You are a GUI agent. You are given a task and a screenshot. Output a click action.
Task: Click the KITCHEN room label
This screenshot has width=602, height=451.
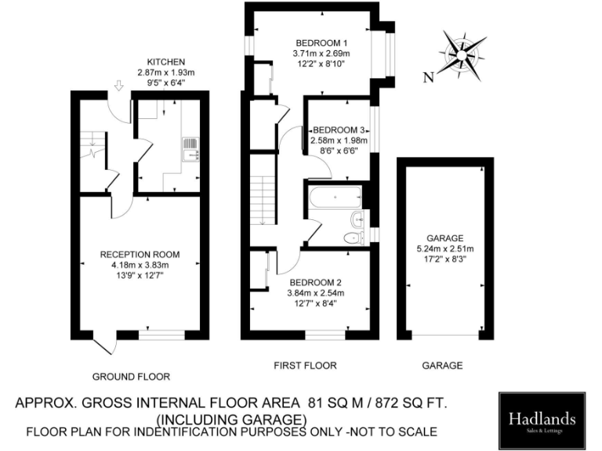[166, 62]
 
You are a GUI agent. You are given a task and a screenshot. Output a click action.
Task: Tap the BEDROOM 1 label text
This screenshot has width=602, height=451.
[321, 42]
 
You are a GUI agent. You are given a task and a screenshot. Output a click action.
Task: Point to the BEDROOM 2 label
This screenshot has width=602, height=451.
[317, 283]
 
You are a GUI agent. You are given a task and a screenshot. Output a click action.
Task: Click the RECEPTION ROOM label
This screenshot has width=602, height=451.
[140, 254]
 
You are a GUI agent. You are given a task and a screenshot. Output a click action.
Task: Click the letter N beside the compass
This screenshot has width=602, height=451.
[428, 77]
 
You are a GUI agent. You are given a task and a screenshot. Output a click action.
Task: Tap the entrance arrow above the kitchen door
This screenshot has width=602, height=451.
[118, 85]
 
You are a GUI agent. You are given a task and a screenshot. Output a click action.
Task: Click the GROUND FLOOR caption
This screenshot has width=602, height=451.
[131, 376]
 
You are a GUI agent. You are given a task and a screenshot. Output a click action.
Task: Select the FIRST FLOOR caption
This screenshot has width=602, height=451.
[305, 365]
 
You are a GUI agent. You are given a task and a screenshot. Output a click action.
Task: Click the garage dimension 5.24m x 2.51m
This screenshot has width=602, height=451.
[445, 249]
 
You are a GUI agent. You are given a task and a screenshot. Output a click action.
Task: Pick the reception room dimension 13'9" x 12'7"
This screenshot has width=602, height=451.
[140, 276]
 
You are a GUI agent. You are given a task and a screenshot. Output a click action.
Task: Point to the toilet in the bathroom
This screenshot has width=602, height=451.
[357, 237]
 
